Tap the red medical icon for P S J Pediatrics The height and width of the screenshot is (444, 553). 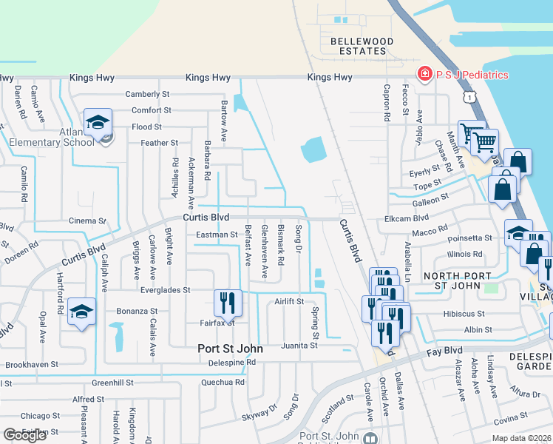[x=424, y=75]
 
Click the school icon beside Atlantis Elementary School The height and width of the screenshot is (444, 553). [x=98, y=124]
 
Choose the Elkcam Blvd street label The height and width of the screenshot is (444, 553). [x=407, y=219]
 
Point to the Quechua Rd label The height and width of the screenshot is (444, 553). [x=223, y=383]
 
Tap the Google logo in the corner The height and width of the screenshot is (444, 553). [x=24, y=435]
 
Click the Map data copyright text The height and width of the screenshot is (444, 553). [x=521, y=438]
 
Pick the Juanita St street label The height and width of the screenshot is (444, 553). [x=299, y=345]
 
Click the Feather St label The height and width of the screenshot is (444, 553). [x=160, y=143]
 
